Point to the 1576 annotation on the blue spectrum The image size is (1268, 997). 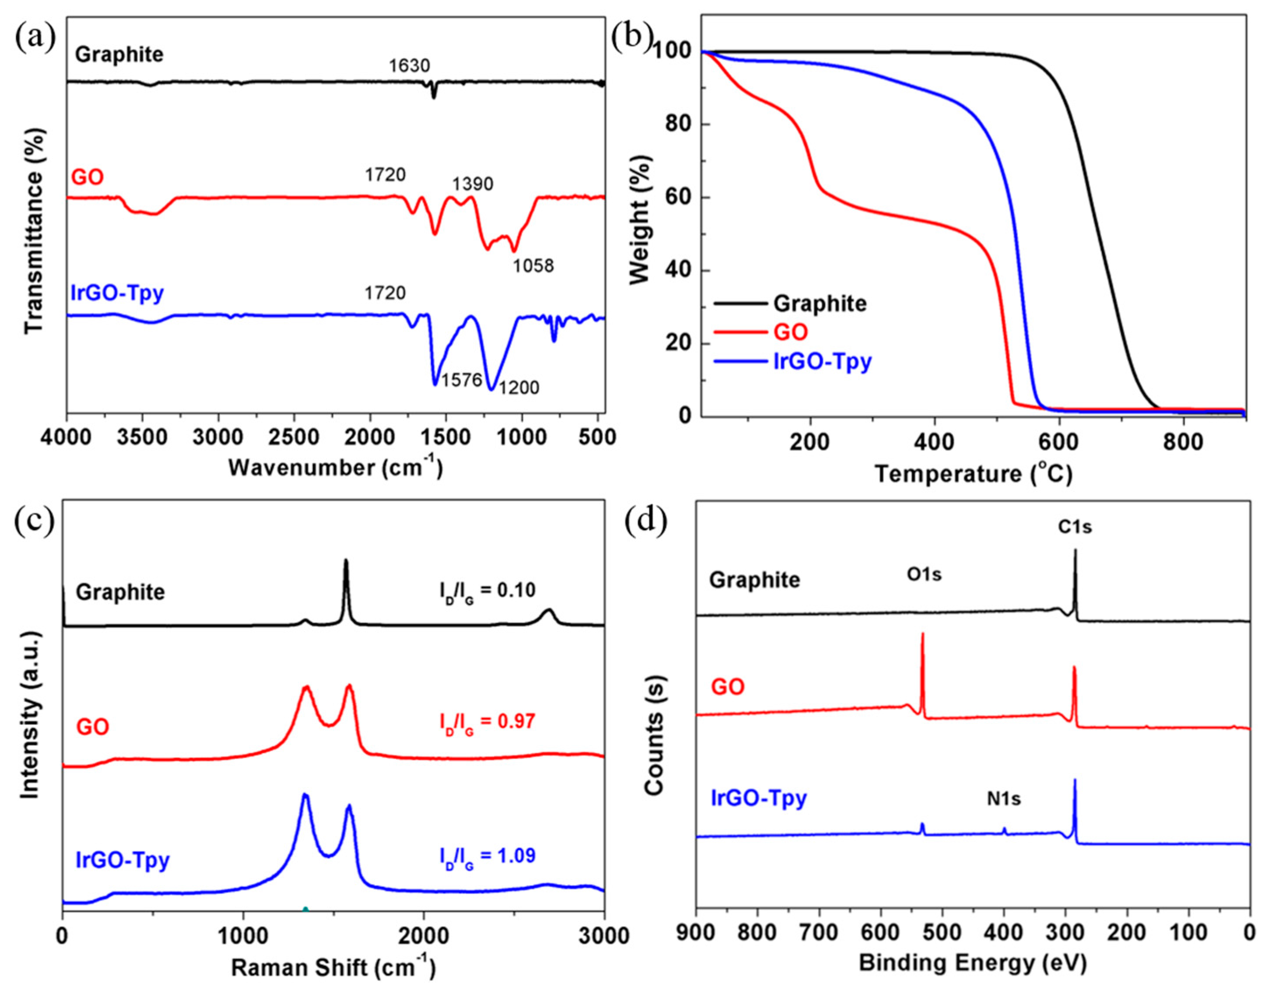(461, 381)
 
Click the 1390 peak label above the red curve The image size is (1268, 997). (473, 185)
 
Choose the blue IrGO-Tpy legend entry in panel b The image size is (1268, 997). (822, 362)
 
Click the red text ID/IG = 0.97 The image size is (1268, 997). (487, 723)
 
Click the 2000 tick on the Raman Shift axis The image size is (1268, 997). (423, 935)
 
